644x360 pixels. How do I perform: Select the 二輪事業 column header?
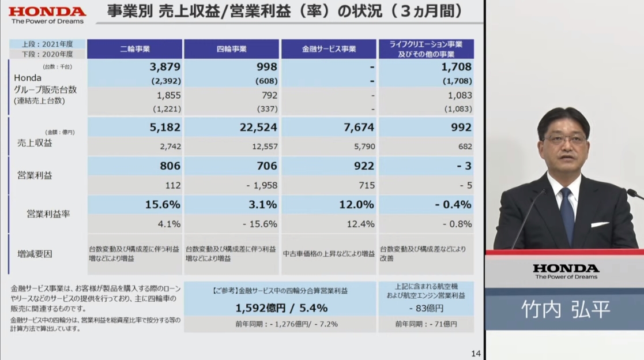135,50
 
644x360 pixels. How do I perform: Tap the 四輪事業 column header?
231,50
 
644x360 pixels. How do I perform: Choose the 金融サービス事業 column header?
329,50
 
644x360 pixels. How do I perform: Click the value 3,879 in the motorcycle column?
165,67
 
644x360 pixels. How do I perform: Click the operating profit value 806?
170,166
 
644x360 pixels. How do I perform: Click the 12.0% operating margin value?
357,204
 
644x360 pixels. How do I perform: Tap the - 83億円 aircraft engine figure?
426,308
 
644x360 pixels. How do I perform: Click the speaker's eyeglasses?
563,140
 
